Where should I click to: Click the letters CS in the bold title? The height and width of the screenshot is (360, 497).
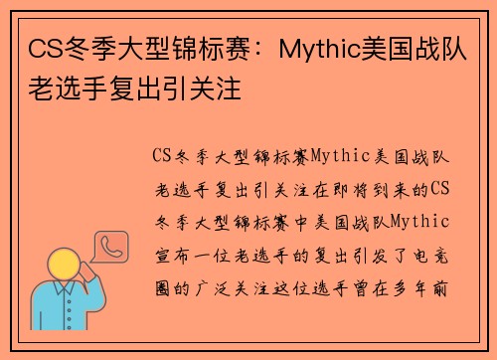pyautogui.click(x=41, y=47)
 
